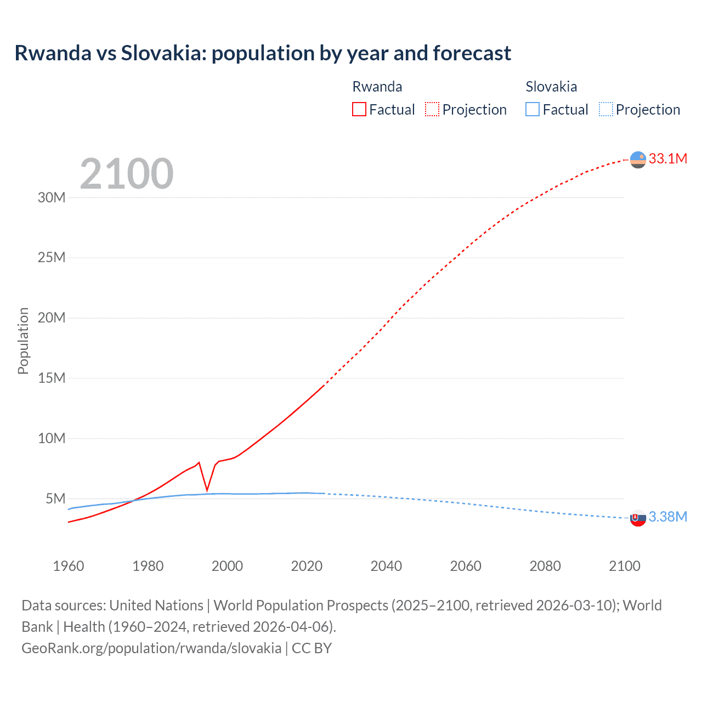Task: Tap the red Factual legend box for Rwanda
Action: pos(359,110)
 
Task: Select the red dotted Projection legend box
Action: pos(432,110)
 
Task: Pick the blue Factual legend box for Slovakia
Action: pos(533,110)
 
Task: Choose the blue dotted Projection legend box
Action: pos(606,110)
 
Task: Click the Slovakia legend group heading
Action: pos(551,87)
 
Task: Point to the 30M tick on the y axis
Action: pos(52,197)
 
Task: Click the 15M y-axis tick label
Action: pos(52,378)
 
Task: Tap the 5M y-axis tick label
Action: pos(55,499)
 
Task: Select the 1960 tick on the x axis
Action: pos(69,566)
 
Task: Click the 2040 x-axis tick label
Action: pos(386,566)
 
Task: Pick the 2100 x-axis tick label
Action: pos(624,566)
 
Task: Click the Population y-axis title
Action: pos(23,341)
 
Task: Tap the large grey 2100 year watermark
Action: pos(127,174)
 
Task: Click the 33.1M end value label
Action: pos(667,159)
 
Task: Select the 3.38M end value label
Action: pos(667,517)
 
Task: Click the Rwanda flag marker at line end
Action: pos(638,160)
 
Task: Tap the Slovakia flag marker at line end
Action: pos(638,518)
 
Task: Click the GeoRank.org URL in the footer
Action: pos(151,648)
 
